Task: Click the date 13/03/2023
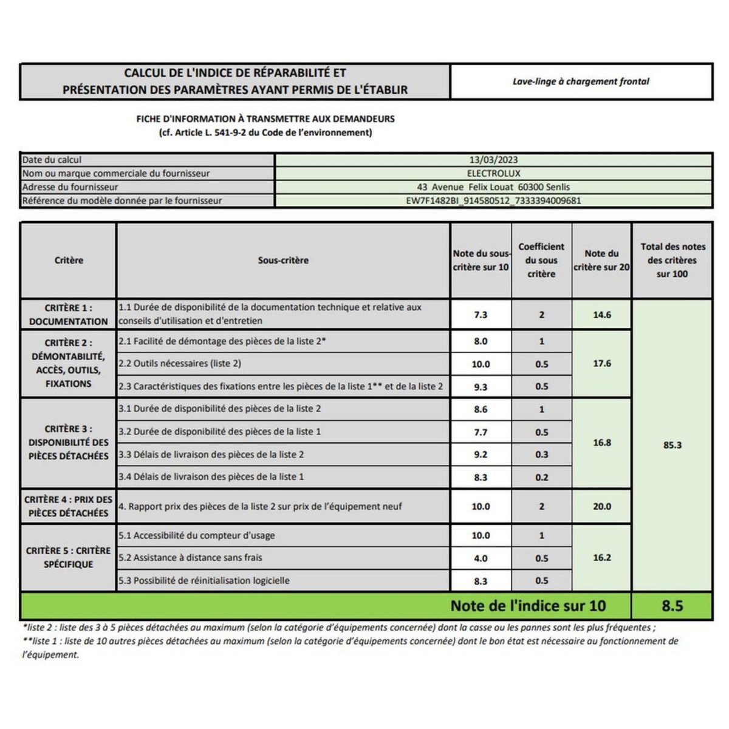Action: pyautogui.click(x=493, y=160)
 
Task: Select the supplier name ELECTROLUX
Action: pyautogui.click(x=493, y=173)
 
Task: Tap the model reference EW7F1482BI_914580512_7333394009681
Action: pyautogui.click(x=493, y=200)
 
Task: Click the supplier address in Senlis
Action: pyautogui.click(x=493, y=187)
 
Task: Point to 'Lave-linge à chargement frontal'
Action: pyautogui.click(x=581, y=81)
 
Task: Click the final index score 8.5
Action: pyautogui.click(x=672, y=606)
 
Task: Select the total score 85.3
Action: pyautogui.click(x=672, y=445)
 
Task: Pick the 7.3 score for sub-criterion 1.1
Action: pyautogui.click(x=481, y=315)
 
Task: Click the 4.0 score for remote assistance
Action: pyautogui.click(x=481, y=558)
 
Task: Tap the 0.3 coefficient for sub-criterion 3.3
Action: pyautogui.click(x=541, y=454)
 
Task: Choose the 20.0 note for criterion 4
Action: pyautogui.click(x=601, y=506)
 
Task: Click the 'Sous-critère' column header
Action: pyautogui.click(x=283, y=260)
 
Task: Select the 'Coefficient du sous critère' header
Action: pyautogui.click(x=541, y=260)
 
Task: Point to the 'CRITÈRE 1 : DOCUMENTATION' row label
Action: pyautogui.click(x=69, y=315)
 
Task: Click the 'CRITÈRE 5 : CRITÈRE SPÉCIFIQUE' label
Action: pyautogui.click(x=69, y=557)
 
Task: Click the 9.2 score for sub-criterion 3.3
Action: pyautogui.click(x=481, y=454)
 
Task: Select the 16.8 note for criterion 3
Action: pyautogui.click(x=601, y=442)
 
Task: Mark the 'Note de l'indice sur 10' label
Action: pyautogui.click(x=528, y=606)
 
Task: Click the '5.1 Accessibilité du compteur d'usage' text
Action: pyautogui.click(x=197, y=535)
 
